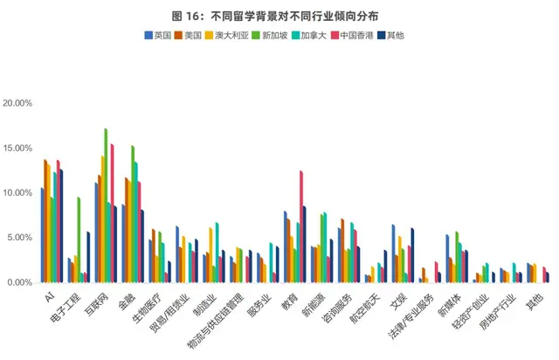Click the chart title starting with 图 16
coord(279,14)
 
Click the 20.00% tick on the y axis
coord(17,103)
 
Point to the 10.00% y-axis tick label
coord(17,193)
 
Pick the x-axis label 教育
coord(288,301)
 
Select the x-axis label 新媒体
coord(449,304)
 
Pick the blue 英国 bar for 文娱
coord(393,253)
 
